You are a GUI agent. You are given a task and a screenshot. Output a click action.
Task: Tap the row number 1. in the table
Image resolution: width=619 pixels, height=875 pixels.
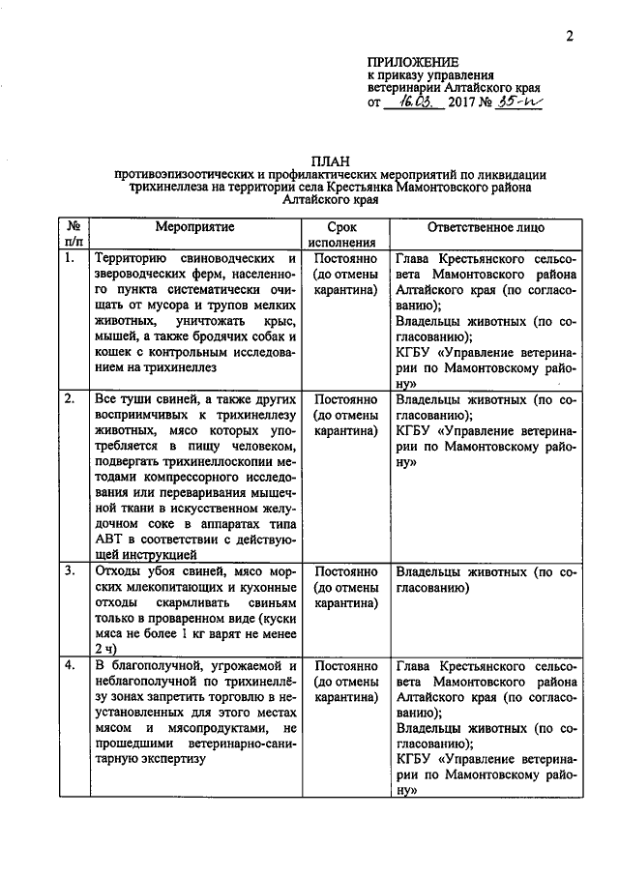69,260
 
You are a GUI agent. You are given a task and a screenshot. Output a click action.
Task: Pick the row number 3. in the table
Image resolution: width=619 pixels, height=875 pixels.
69,570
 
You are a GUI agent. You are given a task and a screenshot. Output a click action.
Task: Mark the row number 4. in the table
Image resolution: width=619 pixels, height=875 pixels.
69,666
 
